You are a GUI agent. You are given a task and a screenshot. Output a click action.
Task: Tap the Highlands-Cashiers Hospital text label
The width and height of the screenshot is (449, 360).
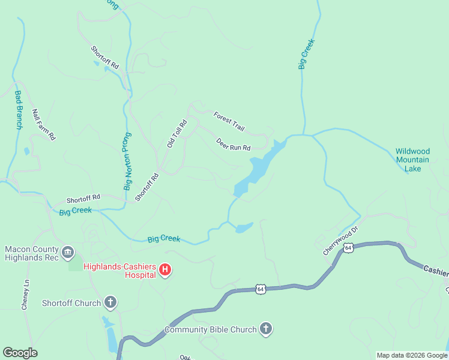pyautogui.click(x=119, y=271)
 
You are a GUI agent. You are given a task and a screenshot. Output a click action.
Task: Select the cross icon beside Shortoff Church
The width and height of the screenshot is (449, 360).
pyautogui.click(x=110, y=302)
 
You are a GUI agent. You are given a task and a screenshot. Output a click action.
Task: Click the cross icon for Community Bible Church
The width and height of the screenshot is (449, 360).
pyautogui.click(x=266, y=329)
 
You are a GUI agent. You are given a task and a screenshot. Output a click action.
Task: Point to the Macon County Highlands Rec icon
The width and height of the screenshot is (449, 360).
pyautogui.click(x=67, y=251)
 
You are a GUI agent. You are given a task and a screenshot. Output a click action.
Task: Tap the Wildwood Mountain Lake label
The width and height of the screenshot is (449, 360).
pyautogui.click(x=412, y=160)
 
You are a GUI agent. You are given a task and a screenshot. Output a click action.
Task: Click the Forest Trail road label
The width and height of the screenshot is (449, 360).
pyautogui.click(x=229, y=121)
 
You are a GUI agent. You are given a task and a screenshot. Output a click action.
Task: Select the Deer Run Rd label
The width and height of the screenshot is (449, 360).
pyautogui.click(x=233, y=144)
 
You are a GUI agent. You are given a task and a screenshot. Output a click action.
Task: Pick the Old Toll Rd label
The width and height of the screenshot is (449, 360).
pyautogui.click(x=177, y=134)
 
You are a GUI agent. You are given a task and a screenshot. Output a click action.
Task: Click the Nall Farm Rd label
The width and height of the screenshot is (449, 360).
pyautogui.click(x=44, y=124)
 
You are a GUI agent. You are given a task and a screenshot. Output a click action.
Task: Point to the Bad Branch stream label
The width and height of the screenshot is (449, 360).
pyautogui.click(x=18, y=110)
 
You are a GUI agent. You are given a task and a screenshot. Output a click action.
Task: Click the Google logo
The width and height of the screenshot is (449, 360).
pyautogui.click(x=20, y=353)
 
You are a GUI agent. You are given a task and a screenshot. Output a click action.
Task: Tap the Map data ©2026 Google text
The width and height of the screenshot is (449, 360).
pyautogui.click(x=411, y=355)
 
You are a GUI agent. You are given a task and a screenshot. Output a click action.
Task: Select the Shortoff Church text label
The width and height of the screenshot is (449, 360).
pyautogui.click(x=71, y=303)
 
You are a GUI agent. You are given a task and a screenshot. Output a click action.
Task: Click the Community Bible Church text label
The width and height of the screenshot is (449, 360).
pyautogui.click(x=211, y=329)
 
